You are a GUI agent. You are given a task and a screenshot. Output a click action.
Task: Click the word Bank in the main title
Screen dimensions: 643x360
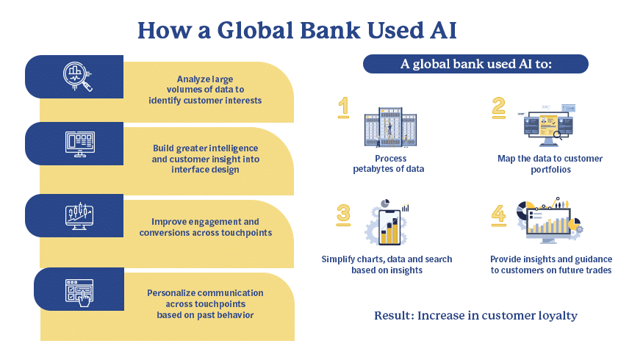tap(330, 30)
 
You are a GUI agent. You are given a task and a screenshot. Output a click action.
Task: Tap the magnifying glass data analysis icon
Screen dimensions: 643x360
tap(77, 76)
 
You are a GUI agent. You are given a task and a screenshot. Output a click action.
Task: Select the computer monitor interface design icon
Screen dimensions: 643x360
tap(80, 144)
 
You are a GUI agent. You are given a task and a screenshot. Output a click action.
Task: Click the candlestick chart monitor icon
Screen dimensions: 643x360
tap(79, 216)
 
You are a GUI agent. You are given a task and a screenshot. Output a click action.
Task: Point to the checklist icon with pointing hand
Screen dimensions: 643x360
tap(79, 292)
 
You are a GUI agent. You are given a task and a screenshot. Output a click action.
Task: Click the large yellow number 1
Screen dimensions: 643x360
tap(344, 107)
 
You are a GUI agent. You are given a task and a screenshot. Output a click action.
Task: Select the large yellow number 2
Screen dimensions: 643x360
tap(499, 108)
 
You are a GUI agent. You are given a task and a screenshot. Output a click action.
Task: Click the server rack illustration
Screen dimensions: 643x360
tap(390, 127)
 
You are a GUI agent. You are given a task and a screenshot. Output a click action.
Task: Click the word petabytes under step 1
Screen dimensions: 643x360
tap(373, 169)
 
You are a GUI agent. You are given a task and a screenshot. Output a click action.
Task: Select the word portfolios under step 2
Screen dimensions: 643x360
tap(550, 170)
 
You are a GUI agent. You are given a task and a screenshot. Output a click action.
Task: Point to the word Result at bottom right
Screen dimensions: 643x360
tap(394, 315)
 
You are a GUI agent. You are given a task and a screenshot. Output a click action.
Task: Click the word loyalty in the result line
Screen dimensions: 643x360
tap(558, 316)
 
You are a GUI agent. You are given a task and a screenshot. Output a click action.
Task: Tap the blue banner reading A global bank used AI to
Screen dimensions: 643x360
tap(475, 64)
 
